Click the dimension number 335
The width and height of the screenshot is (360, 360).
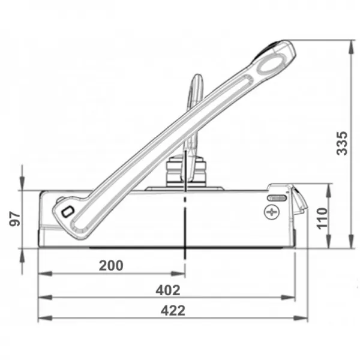[341, 143]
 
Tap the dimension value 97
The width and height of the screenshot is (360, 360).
[16, 218]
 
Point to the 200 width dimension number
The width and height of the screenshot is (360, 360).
[111, 265]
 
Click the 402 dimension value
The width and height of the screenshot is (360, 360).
[169, 290]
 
